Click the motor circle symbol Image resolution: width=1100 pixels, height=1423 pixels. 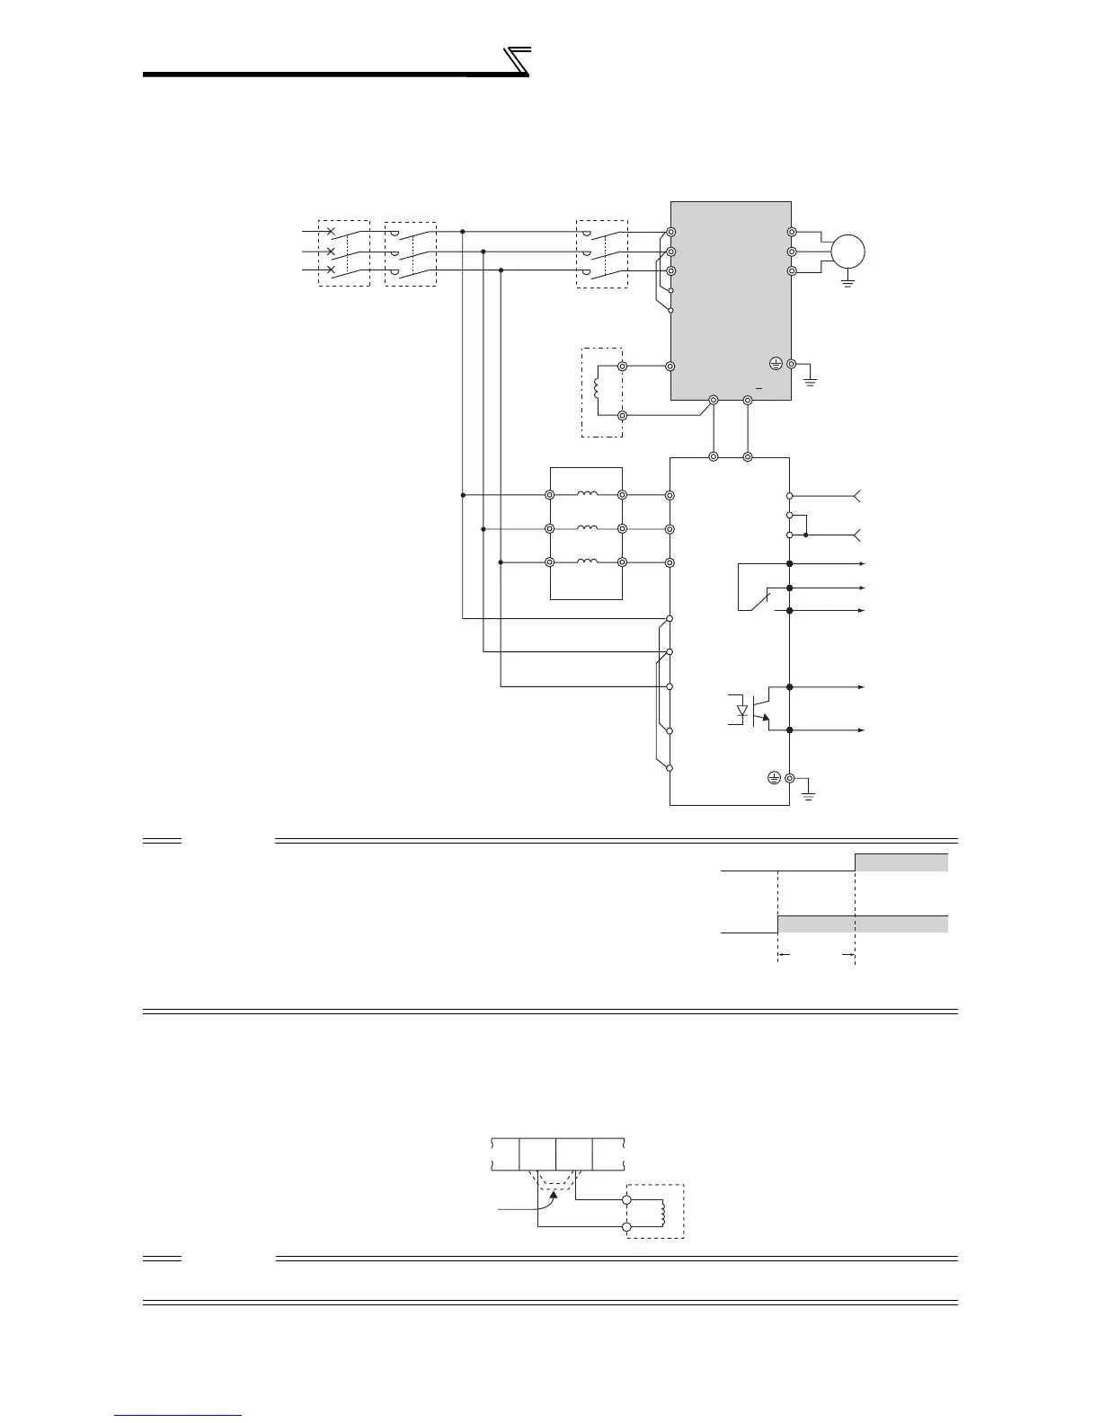847,251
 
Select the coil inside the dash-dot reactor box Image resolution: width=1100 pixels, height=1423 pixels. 596,391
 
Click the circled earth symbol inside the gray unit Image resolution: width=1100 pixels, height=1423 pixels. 776,364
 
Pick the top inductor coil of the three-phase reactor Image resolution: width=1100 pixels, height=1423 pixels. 586,494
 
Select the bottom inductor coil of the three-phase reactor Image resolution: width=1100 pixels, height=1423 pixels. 586,561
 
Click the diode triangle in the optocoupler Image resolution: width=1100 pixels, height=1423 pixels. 741,711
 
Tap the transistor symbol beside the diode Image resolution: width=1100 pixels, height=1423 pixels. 763,709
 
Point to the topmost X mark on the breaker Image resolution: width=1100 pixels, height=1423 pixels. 331,232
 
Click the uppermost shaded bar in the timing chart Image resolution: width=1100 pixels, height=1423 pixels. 900,862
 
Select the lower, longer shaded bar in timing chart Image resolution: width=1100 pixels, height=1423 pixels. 862,924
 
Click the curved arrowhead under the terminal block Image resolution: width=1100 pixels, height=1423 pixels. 554,1194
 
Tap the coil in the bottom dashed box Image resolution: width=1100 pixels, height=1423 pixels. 662,1212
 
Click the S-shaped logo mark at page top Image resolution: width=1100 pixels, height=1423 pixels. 516,62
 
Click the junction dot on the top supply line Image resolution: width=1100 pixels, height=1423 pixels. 463,232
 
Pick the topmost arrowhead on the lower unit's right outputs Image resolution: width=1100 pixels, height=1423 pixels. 862,563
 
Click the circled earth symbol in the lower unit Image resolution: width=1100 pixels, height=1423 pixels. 774,778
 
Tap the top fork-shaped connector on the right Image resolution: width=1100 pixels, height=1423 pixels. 857,495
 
